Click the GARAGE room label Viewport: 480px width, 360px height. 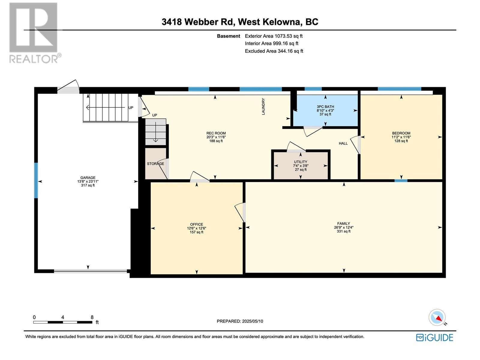[88, 178]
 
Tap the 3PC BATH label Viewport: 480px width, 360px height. [325, 107]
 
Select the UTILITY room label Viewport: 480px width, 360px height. [301, 162]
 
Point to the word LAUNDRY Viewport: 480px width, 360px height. [263, 106]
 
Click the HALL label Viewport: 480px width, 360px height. [343, 143]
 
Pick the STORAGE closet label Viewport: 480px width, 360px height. [155, 163]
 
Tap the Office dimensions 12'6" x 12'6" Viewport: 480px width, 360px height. [196, 228]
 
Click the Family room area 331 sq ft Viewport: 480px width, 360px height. [344, 231]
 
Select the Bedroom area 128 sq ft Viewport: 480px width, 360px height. [401, 141]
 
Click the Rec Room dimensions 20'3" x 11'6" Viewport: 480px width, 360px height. [216, 137]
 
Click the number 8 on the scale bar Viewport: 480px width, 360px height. [92, 317]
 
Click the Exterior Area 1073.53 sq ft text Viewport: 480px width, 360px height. [274, 36]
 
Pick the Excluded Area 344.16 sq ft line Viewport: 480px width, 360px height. [274, 51]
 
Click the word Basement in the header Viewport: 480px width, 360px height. [229, 36]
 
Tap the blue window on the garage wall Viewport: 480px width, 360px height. [36, 181]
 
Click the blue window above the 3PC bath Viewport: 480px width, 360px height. [313, 89]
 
